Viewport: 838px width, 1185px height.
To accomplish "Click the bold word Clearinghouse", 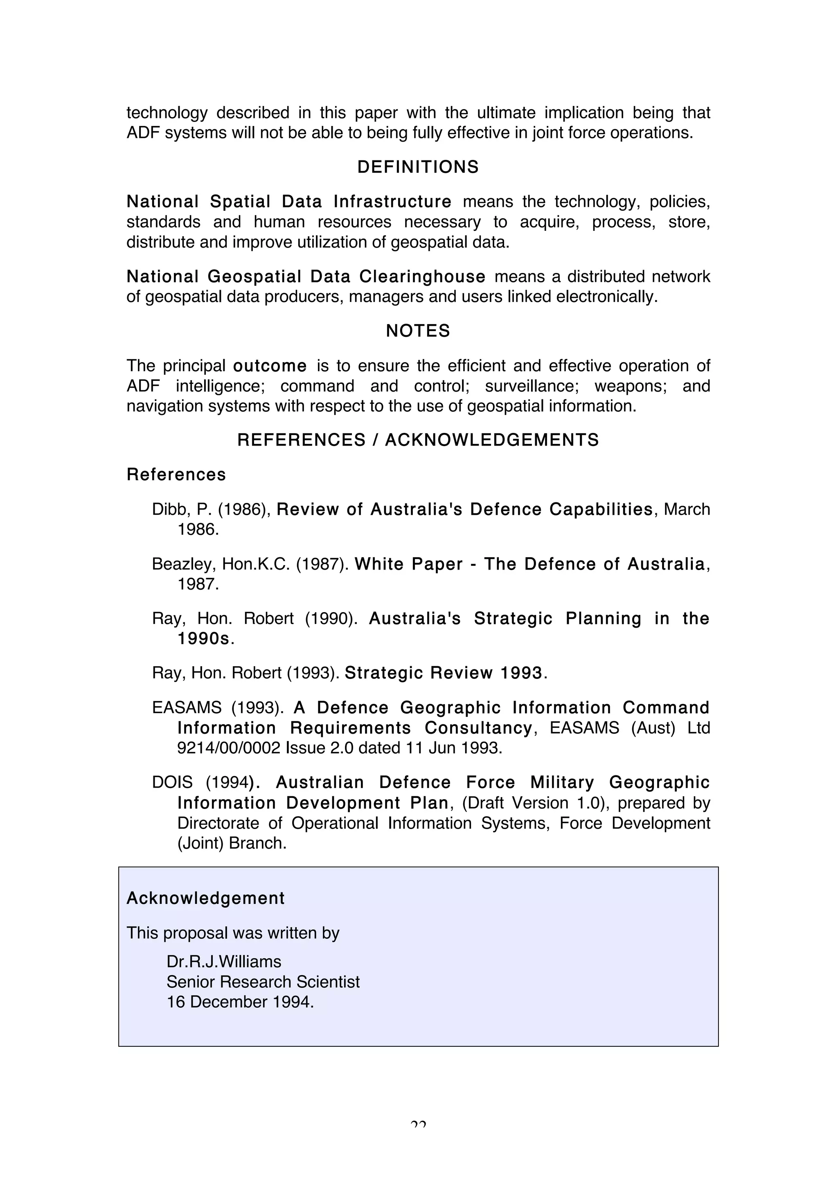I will click(x=422, y=277).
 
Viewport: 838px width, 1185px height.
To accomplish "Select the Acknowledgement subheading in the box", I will click(x=205, y=899).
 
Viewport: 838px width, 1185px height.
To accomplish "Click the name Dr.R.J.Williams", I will click(x=224, y=962).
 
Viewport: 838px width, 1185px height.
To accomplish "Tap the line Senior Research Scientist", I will click(x=263, y=982).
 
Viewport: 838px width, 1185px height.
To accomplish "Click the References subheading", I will click(x=176, y=475).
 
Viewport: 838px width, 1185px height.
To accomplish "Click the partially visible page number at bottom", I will click(x=419, y=1124).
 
